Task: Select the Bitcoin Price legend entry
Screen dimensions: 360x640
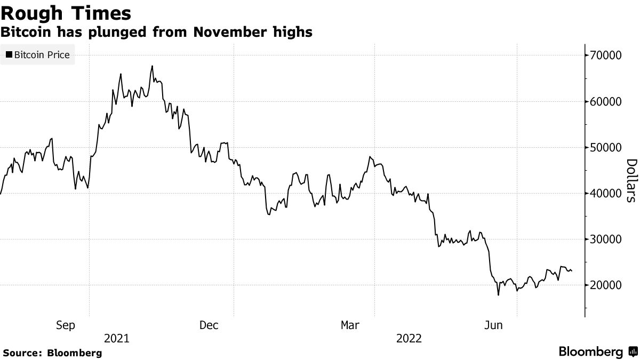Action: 38,54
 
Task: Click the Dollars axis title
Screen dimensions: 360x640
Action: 631,181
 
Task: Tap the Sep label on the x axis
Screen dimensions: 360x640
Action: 66,325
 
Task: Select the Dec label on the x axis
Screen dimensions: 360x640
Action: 209,325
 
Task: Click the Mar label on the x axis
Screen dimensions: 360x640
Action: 350,325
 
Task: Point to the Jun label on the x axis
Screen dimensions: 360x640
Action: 493,325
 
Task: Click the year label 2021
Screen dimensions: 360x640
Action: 116,338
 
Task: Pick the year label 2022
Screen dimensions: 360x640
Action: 409,338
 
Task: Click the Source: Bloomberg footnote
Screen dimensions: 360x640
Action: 52,353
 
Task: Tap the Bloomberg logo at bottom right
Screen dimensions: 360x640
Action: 597,352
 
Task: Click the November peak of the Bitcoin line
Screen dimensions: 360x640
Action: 152,66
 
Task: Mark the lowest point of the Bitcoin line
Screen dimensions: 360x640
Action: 498,295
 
